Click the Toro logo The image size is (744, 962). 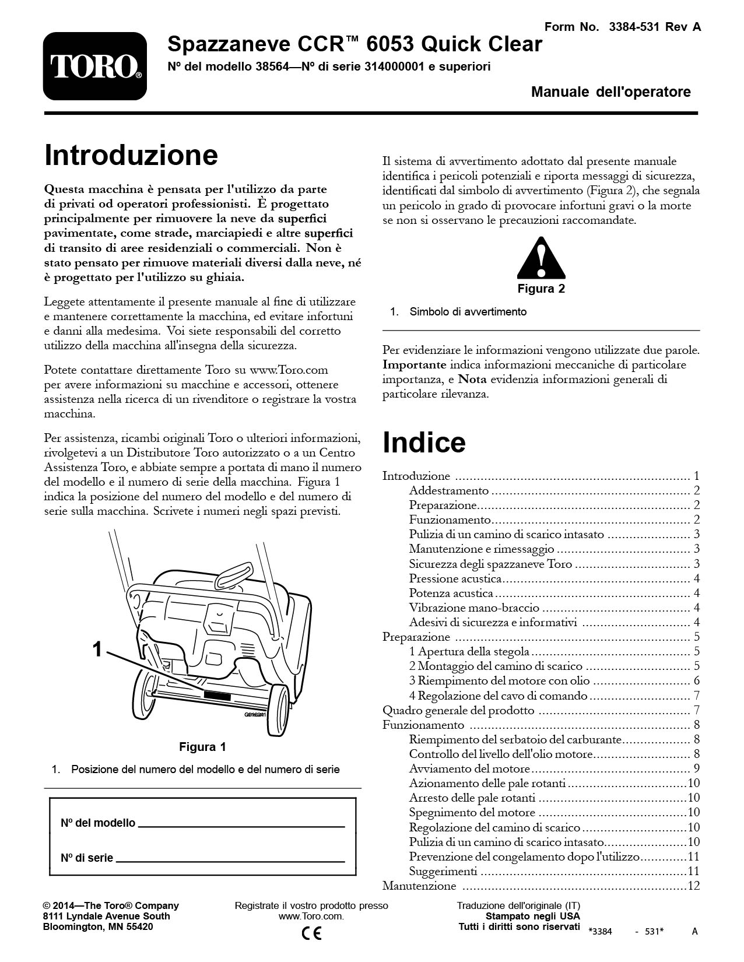pyautogui.click(x=94, y=66)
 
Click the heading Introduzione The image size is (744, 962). pyautogui.click(x=131, y=156)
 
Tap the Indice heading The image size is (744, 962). pyautogui.click(x=424, y=443)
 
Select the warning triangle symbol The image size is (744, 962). pyautogui.click(x=541, y=258)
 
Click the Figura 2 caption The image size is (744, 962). pyautogui.click(x=541, y=289)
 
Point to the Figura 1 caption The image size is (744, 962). pyautogui.click(x=202, y=747)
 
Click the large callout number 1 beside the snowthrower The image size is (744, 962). pyautogui.click(x=98, y=649)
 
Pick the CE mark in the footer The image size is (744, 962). pyautogui.click(x=311, y=933)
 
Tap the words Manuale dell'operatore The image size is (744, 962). pyautogui.click(x=610, y=92)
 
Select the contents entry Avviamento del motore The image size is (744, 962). pyautogui.click(x=469, y=768)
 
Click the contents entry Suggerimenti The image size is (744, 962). pyautogui.click(x=443, y=872)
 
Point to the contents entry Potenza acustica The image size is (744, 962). pyautogui.click(x=451, y=593)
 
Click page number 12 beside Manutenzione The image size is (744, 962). pyautogui.click(x=693, y=886)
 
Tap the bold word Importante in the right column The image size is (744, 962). pyautogui.click(x=415, y=365)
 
